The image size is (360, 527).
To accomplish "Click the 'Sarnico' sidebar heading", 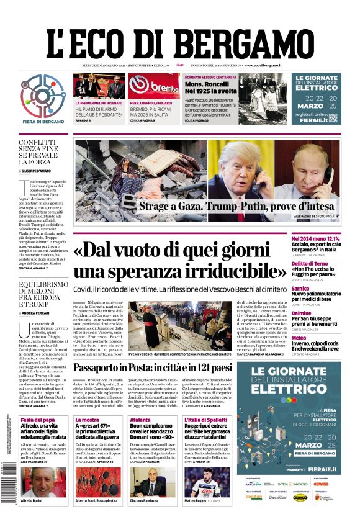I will [x=318, y=289].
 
